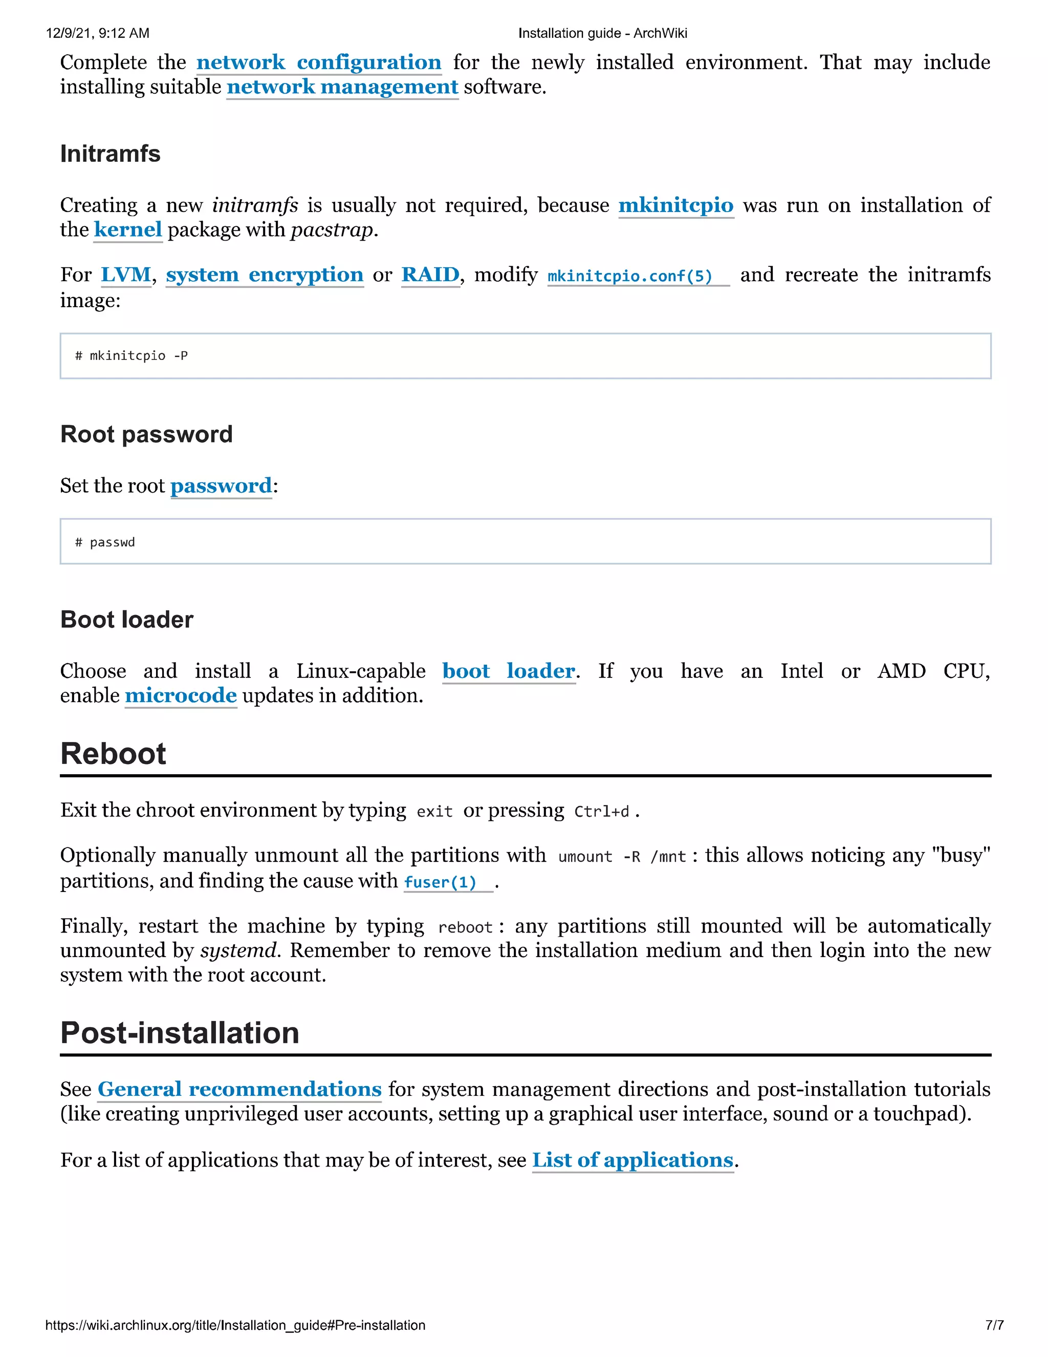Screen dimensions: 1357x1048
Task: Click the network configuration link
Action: coord(318,63)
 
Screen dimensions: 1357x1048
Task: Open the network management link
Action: coord(342,87)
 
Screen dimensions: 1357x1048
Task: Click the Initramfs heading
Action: coord(111,154)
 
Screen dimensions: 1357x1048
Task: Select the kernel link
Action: coord(128,230)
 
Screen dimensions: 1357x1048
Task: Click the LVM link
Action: coord(126,274)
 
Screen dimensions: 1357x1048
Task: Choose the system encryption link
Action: coord(265,274)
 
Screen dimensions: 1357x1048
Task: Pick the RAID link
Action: coord(430,274)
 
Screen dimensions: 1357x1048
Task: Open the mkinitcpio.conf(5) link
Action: coord(629,276)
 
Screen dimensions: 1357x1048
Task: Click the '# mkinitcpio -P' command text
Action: coord(132,356)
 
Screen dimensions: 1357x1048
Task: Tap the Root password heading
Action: coord(146,434)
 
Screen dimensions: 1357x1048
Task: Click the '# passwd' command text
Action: coord(105,542)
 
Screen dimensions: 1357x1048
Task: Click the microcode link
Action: coord(181,695)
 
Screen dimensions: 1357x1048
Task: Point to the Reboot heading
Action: coord(113,754)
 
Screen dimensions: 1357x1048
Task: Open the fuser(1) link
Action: coord(440,882)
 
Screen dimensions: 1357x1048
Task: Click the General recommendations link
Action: coord(239,1089)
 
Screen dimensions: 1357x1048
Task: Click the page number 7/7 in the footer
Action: coord(994,1325)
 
